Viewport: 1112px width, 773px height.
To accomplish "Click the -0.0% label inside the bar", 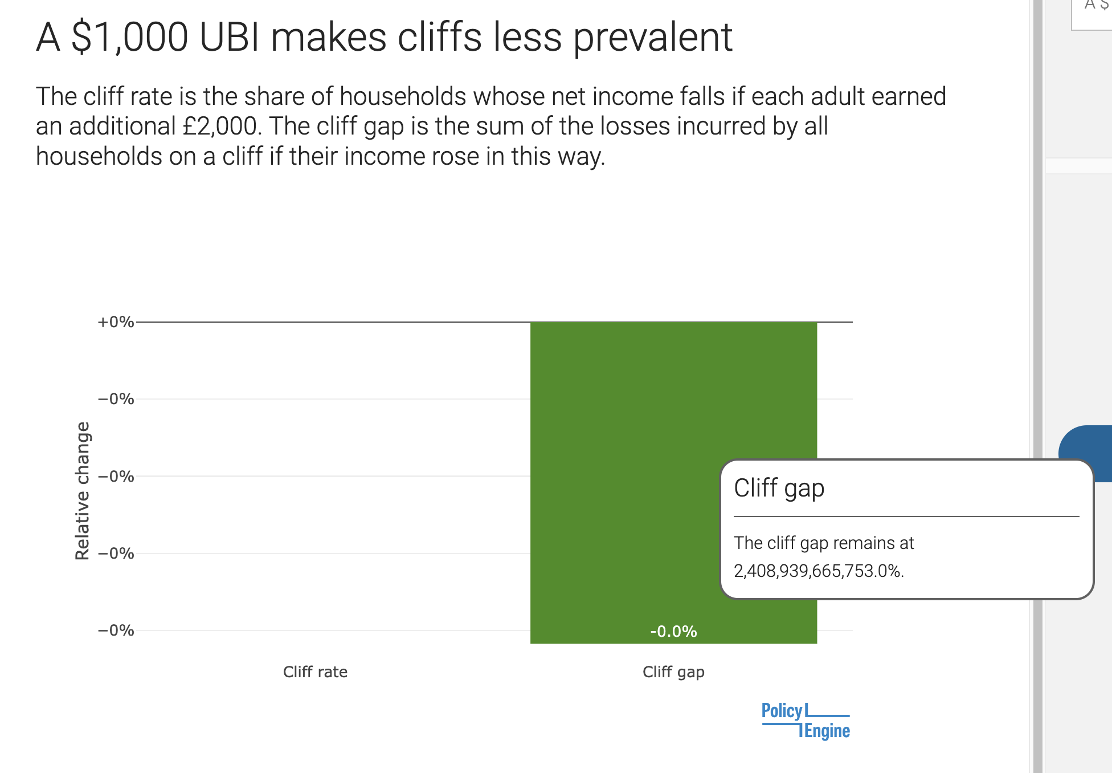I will pyautogui.click(x=673, y=631).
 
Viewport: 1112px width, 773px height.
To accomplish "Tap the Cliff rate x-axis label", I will pyautogui.click(x=315, y=672).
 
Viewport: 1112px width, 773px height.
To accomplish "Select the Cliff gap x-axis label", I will pyautogui.click(x=673, y=672).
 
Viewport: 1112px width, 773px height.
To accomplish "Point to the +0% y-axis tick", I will pyautogui.click(x=116, y=322).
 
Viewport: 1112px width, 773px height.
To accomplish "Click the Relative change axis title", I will pyautogui.click(x=83, y=491).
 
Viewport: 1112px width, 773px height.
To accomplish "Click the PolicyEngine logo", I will pyautogui.click(x=806, y=721).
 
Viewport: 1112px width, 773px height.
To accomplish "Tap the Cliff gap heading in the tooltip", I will pyautogui.click(x=779, y=488).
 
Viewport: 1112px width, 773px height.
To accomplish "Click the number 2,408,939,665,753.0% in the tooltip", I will pyautogui.click(x=819, y=571).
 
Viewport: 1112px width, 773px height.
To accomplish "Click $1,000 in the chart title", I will pyautogui.click(x=129, y=38).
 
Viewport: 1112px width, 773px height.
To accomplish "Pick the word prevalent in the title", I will pyautogui.click(x=652, y=38).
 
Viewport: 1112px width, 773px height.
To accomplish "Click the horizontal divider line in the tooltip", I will pyautogui.click(x=906, y=516).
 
